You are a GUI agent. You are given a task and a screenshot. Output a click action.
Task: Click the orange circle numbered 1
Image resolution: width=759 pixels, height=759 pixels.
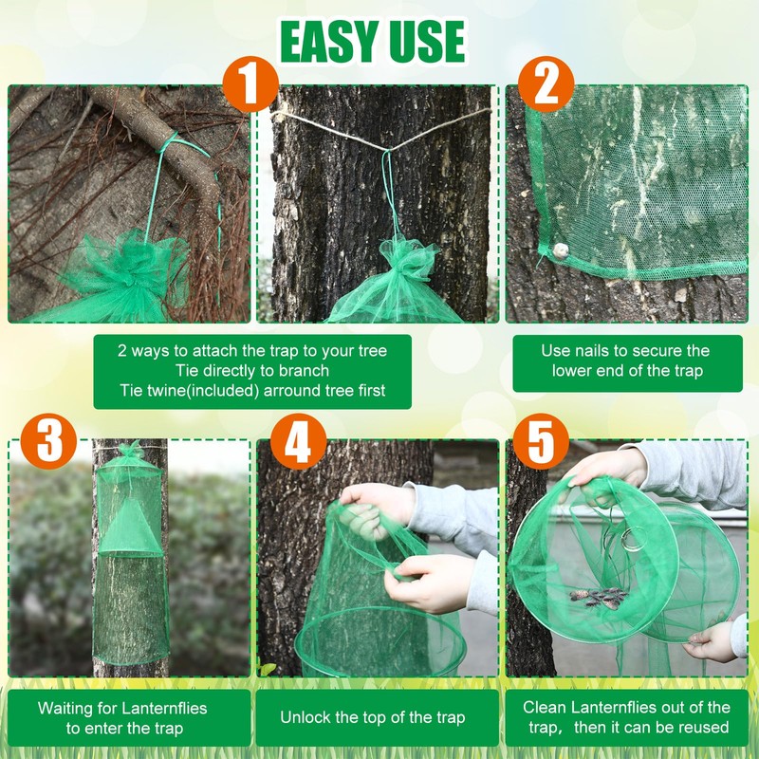[x=250, y=86]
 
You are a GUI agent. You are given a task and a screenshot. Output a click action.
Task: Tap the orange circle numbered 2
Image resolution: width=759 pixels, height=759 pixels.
[x=546, y=85]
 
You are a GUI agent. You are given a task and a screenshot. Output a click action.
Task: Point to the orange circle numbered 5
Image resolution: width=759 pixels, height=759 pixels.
[x=540, y=440]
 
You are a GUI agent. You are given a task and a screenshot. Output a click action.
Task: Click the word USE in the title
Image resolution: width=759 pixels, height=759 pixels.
[x=425, y=42]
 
